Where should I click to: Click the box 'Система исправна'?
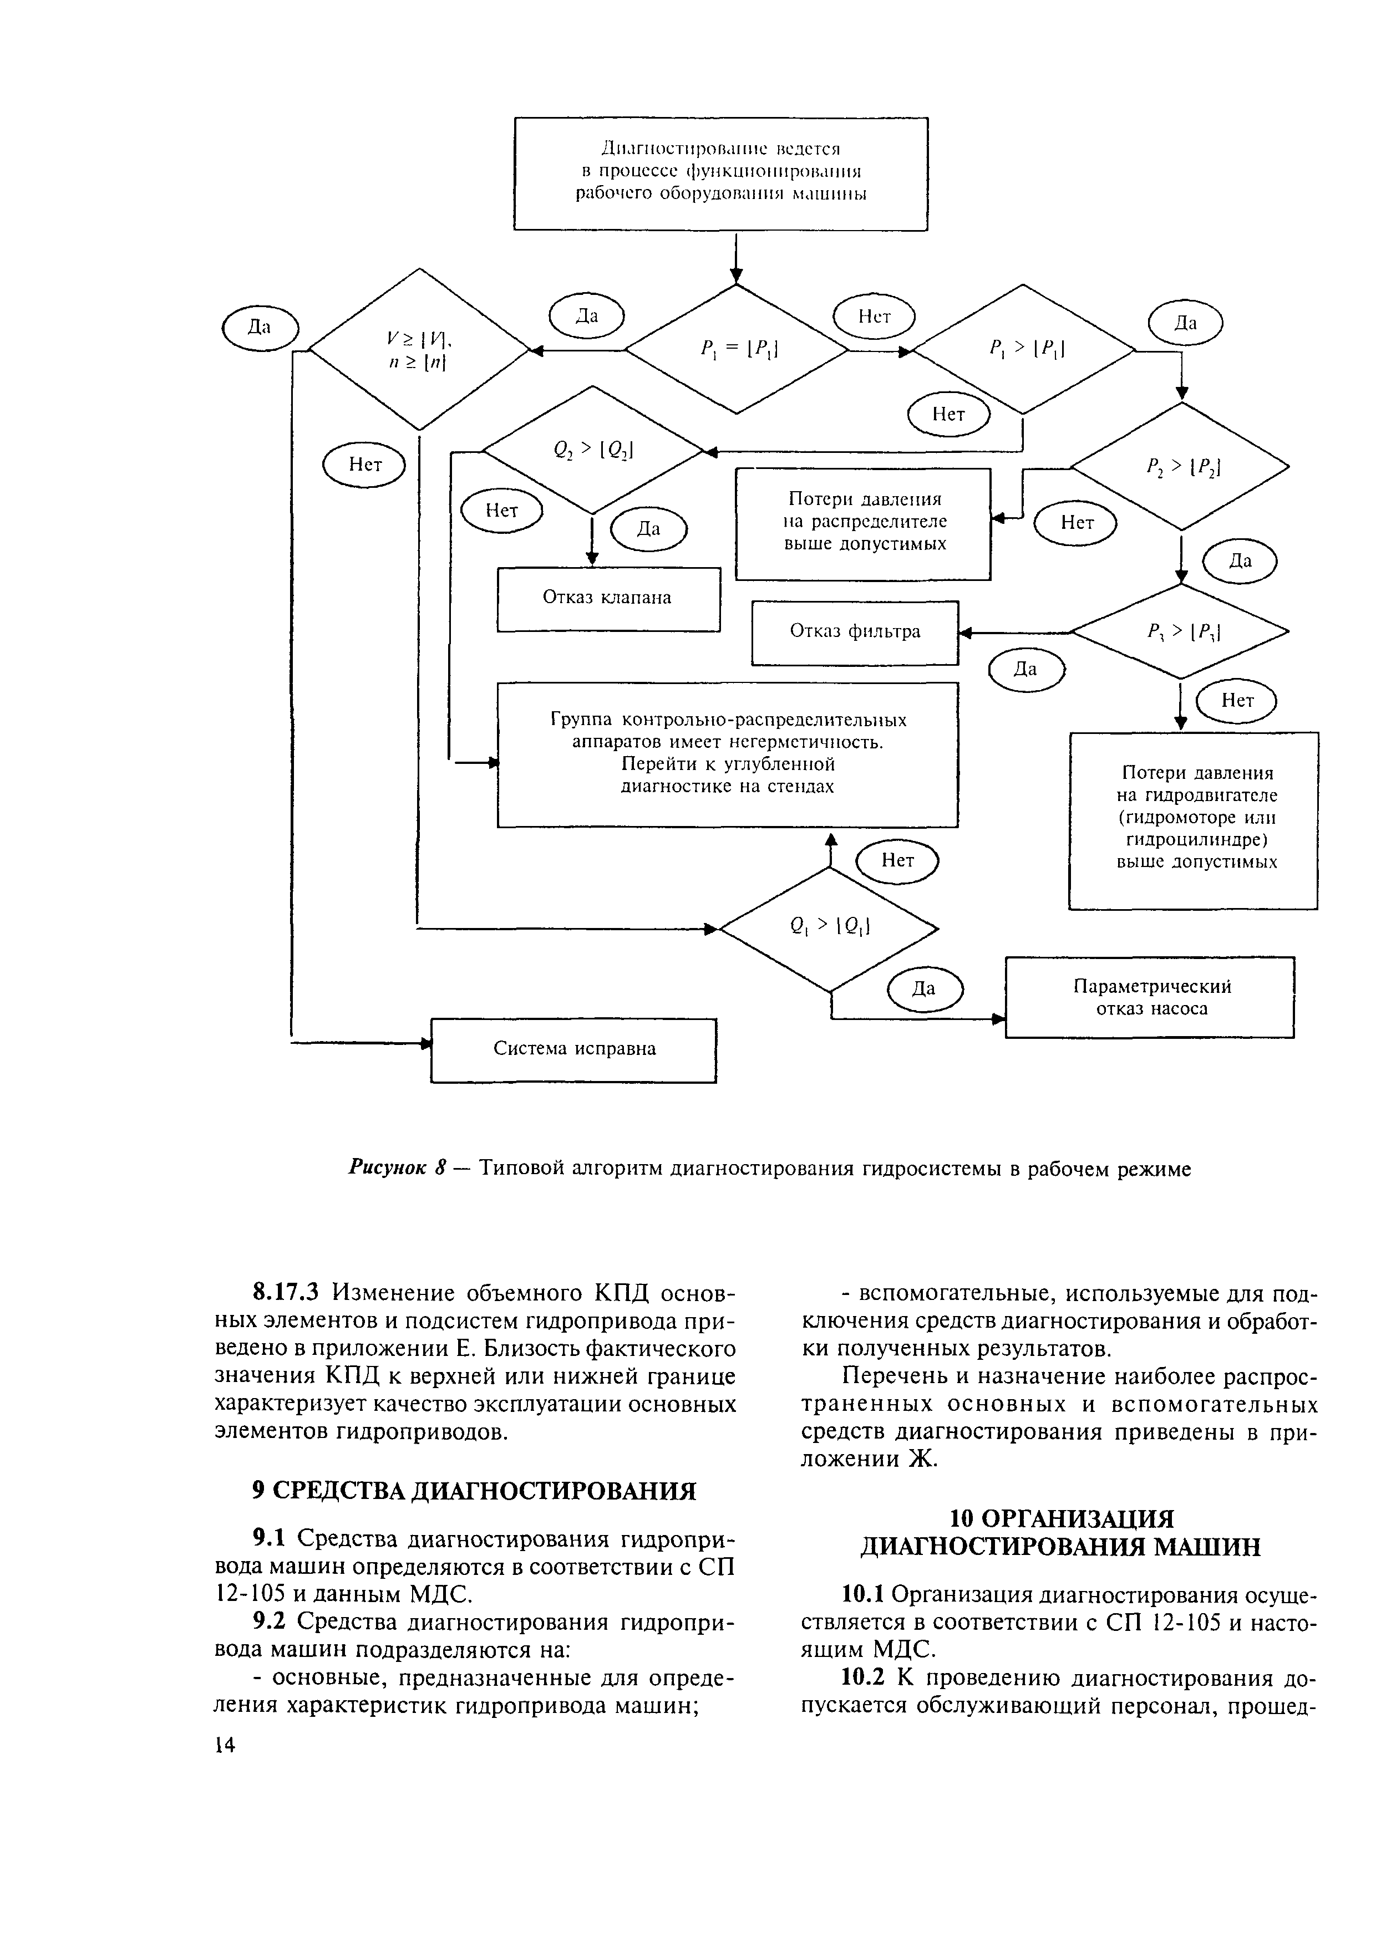(x=574, y=1049)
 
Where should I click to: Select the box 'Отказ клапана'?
(x=608, y=598)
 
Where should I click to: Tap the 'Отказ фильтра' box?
(x=855, y=633)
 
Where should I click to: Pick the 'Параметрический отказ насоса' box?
(x=1150, y=997)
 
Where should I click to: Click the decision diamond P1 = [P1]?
(x=737, y=349)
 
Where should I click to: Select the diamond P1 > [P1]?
(x=1024, y=349)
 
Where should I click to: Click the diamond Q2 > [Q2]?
(x=593, y=451)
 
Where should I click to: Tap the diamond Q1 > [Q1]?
(x=829, y=928)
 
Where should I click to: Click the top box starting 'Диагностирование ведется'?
(x=720, y=174)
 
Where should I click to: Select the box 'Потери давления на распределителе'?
(x=863, y=523)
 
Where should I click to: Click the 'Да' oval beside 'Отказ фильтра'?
(x=1027, y=670)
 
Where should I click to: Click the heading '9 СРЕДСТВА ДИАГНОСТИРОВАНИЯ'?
(x=475, y=1491)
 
